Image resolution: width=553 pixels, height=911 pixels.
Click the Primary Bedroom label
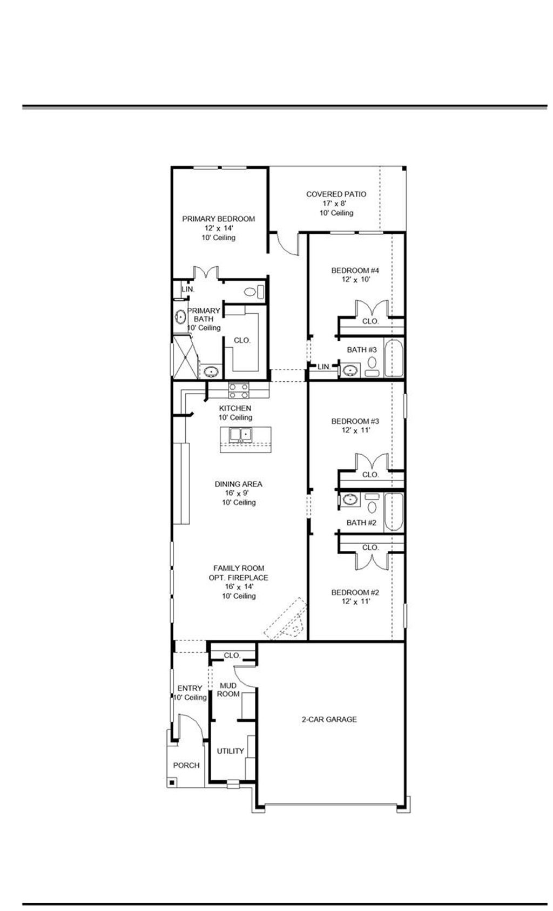218,219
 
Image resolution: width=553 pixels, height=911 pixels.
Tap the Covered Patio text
336,194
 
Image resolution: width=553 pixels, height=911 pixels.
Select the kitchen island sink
240,434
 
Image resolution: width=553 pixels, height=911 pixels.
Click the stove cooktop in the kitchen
238,390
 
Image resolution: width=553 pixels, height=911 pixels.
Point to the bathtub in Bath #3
394,358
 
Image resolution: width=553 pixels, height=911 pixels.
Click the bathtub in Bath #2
394,512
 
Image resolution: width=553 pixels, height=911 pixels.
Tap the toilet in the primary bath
251,292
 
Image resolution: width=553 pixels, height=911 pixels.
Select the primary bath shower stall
185,357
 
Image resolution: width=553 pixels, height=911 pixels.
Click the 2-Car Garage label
329,719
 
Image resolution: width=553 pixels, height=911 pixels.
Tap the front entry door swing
190,727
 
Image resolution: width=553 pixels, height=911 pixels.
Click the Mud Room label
228,690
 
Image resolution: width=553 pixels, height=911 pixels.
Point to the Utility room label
230,751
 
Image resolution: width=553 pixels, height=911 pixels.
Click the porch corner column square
172,782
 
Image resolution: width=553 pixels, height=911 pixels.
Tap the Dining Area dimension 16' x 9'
238,493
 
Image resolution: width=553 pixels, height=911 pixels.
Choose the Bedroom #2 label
355,592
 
